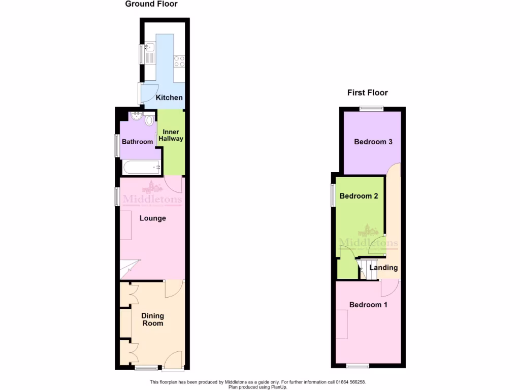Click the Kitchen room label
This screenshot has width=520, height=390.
[169, 97]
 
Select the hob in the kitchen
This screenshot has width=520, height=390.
[179, 61]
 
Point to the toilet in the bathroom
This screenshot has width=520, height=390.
[149, 120]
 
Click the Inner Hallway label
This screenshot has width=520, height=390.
[171, 135]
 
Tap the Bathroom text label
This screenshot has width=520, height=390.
[137, 142]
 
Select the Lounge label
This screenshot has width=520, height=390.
[152, 218]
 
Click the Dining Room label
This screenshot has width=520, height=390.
[153, 319]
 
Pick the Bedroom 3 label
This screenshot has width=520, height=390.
[373, 142]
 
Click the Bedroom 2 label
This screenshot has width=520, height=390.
[359, 196]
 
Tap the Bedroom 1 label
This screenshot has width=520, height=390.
[368, 305]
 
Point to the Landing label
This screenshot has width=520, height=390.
[383, 268]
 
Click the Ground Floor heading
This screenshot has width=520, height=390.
[151, 4]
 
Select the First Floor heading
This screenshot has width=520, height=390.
[367, 92]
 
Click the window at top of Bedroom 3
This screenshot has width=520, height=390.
[372, 108]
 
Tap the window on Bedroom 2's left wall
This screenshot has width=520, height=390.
[333, 195]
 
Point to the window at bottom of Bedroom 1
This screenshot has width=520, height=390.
[358, 366]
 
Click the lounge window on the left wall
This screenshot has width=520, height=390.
[117, 196]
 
